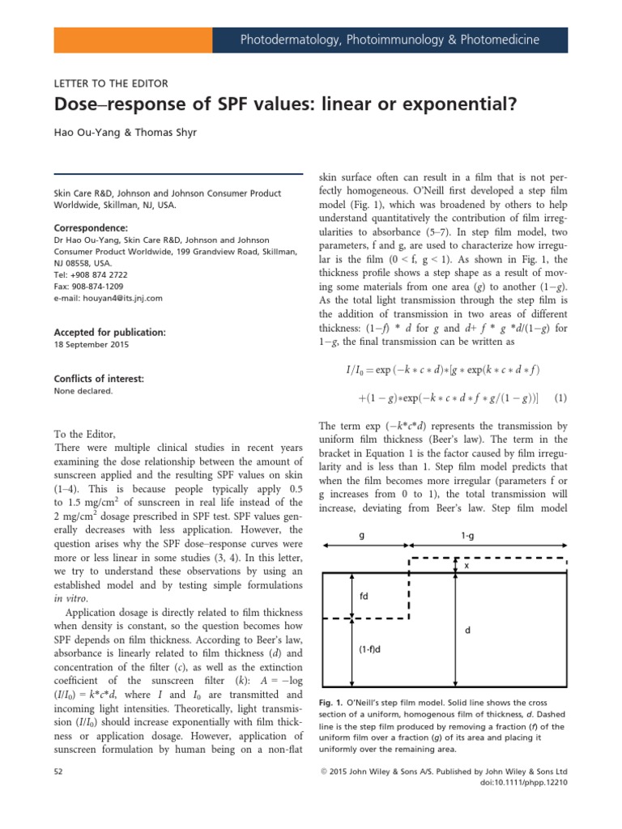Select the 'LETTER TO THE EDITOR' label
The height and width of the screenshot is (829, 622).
coord(110,83)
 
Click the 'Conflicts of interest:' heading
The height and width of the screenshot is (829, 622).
coord(98,379)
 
